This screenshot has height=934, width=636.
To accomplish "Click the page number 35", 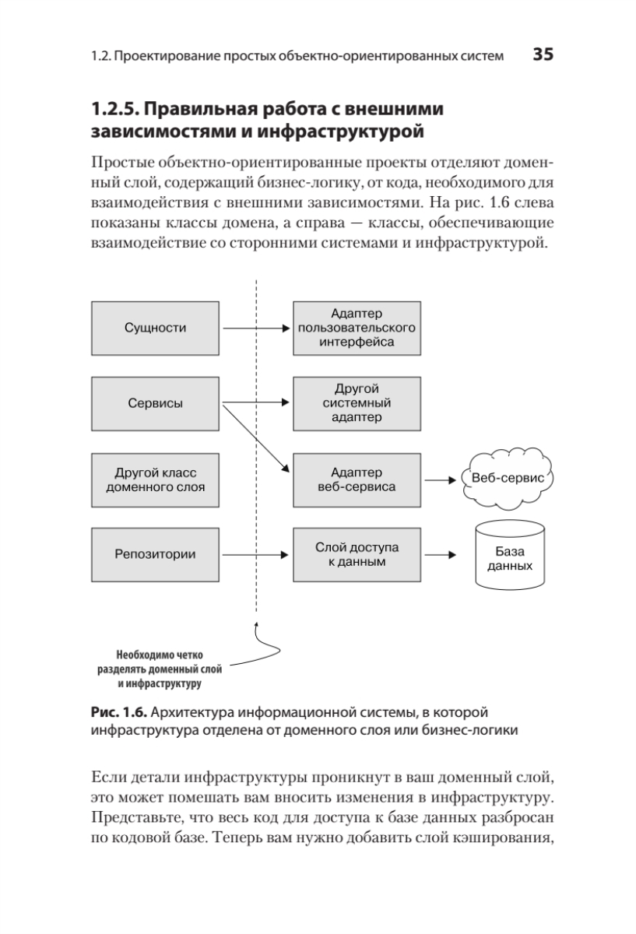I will click(543, 54).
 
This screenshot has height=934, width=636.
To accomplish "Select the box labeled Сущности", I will click(156, 328).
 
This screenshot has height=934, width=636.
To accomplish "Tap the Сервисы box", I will click(156, 403).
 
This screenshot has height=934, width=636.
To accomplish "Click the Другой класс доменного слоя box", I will click(156, 479).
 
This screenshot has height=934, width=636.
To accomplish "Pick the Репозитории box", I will click(156, 554).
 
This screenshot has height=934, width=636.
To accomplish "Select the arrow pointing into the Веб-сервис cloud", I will click(440, 479).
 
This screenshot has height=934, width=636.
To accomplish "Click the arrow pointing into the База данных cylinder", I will click(440, 555).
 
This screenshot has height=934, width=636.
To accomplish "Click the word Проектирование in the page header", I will click(164, 56).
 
